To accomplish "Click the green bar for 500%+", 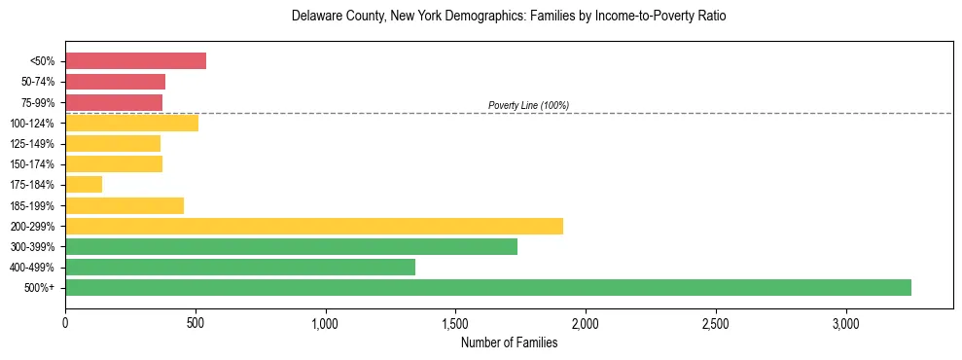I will point(488,287).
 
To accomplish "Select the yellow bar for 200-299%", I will point(314,226).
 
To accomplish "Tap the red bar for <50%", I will point(135,61).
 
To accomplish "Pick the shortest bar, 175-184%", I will point(84,185).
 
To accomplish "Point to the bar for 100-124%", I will point(131,123).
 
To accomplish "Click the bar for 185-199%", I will point(125,205).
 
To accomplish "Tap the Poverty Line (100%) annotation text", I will point(528,105).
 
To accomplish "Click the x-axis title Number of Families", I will point(509,342).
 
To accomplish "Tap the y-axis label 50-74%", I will point(38,82).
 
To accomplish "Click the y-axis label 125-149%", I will point(35,144).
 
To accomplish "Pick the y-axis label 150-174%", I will point(35,164).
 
